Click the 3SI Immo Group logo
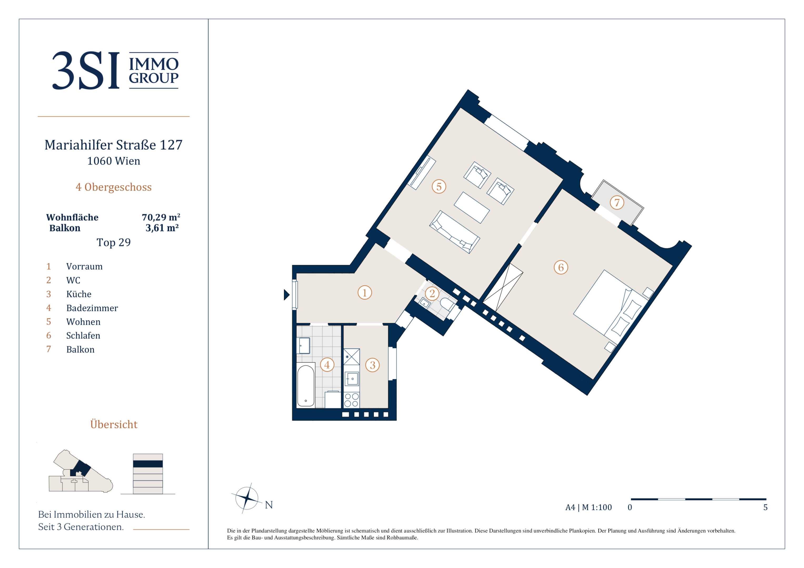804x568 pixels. (x=115, y=70)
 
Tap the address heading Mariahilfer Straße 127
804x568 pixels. (x=113, y=145)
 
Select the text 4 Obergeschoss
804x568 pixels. (x=113, y=187)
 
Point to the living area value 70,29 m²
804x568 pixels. (x=161, y=217)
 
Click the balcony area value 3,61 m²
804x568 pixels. (x=162, y=228)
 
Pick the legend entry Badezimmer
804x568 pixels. (x=92, y=308)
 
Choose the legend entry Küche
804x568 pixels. (x=79, y=294)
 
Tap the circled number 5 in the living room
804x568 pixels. (x=439, y=186)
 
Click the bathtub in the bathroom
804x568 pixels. (x=306, y=386)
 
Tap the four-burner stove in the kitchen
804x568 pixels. (x=351, y=400)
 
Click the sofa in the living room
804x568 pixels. (x=455, y=232)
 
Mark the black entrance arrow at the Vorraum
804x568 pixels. (x=286, y=295)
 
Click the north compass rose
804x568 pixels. (x=247, y=498)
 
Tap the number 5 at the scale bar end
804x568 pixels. (x=766, y=508)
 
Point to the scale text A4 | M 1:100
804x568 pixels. (x=589, y=508)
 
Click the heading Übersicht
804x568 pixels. (x=114, y=424)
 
